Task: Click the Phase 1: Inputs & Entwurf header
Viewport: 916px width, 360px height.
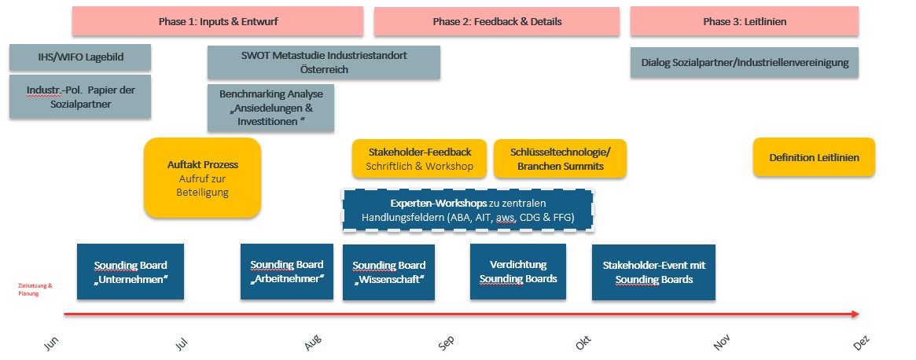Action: coord(217,21)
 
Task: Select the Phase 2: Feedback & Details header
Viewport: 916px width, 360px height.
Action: coord(497,21)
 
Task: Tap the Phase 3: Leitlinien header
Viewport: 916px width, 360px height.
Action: coord(744,21)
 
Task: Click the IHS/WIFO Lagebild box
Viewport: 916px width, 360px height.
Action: coord(80,57)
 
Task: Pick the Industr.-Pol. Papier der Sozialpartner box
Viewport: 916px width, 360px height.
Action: coord(80,97)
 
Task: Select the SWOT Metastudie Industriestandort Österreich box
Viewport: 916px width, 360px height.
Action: coord(323,63)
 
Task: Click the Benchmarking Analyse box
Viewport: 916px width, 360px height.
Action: coord(270,108)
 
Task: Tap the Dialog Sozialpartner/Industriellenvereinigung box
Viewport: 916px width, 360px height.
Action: coord(744,63)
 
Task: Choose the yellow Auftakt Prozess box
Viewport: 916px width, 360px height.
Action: coord(202,178)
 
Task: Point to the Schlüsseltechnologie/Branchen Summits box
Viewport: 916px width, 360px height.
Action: coord(560,159)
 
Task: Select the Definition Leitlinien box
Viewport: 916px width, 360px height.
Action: coord(814,157)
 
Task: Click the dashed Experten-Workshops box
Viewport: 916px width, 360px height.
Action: coord(469,210)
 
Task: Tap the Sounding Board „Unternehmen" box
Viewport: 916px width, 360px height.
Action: coord(131,272)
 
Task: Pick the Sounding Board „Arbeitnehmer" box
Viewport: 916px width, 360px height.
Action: coord(287,272)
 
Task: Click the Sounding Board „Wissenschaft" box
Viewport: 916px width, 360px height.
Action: coord(388,272)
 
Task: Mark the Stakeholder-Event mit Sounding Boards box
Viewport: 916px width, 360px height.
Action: coord(653,272)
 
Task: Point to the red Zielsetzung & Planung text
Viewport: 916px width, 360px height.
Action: coord(35,289)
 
